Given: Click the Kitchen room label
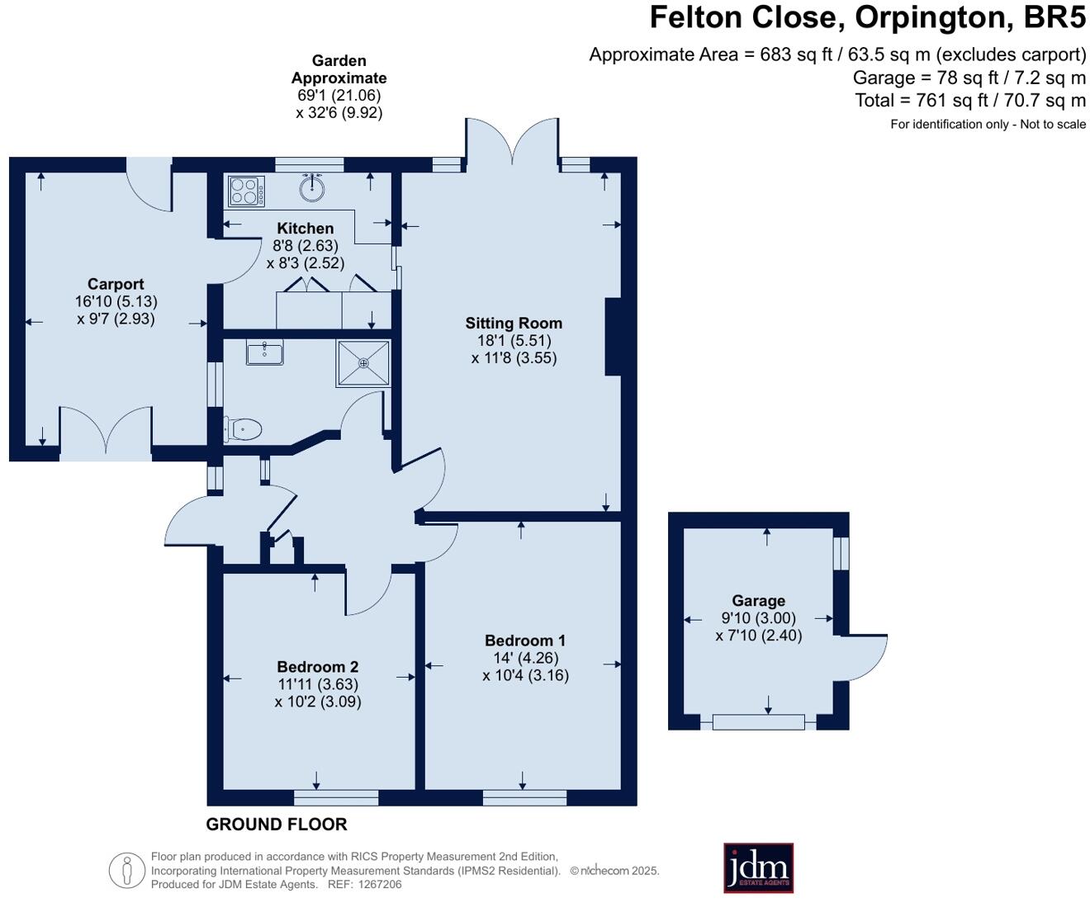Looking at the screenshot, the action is click(306, 228).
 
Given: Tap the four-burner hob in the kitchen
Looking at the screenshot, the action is click(246, 191).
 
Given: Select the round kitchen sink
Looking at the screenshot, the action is click(312, 188).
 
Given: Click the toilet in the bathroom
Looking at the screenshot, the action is click(243, 429).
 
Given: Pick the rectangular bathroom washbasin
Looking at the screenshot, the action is click(265, 352).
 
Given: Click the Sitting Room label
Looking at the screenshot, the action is click(514, 323).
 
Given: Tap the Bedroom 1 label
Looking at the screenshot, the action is click(525, 641).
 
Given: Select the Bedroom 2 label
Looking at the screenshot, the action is click(318, 667).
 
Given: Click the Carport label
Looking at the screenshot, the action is click(116, 284).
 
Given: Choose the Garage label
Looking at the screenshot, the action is click(759, 601).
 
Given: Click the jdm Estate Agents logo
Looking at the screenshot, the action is click(759, 868).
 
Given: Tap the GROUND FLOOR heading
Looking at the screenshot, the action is click(277, 825).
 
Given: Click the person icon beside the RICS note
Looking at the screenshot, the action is click(127, 871).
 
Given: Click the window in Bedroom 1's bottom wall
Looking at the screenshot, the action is click(524, 797).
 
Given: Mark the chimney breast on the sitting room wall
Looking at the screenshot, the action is click(613, 337).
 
